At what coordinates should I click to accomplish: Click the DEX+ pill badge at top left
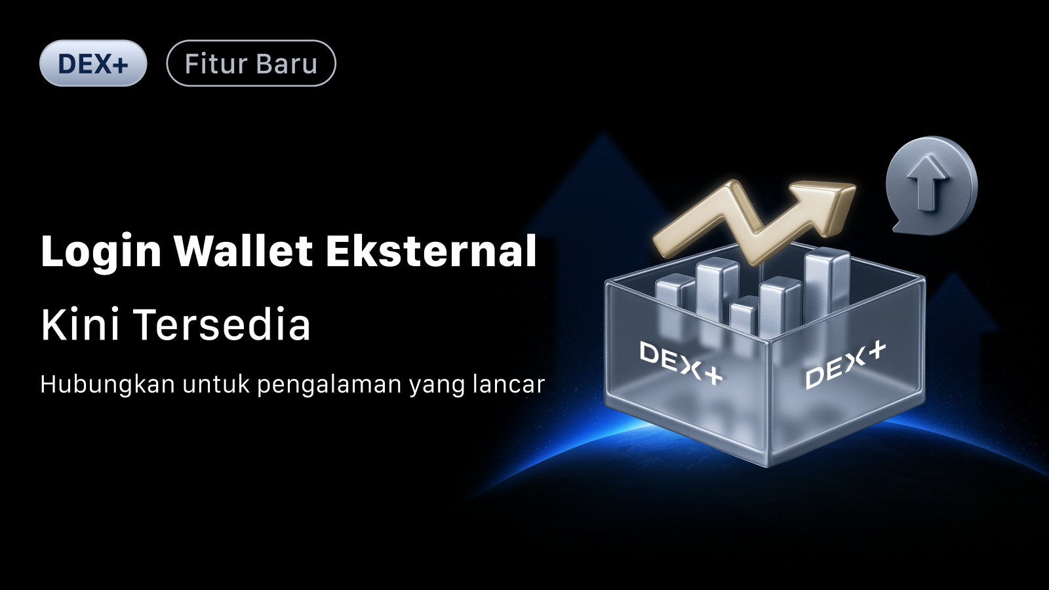tap(93, 63)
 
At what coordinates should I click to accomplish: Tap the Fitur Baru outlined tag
tap(251, 63)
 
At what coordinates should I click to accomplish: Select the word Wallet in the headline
tap(243, 252)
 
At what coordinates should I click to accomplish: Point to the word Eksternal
tap(431, 252)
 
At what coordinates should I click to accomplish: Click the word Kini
tap(80, 324)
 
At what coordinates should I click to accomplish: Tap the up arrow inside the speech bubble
tap(924, 183)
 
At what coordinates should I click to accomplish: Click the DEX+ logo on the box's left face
tap(681, 363)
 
